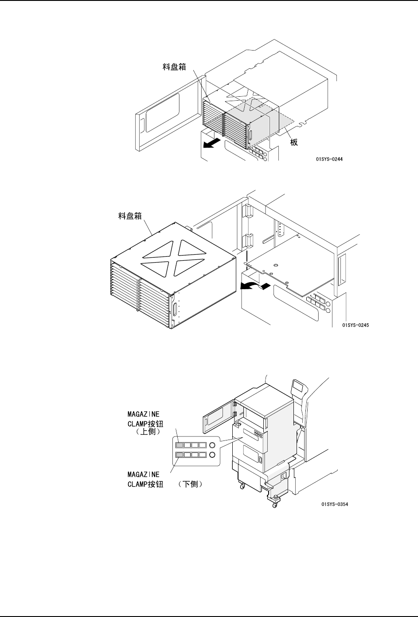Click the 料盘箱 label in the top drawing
pyautogui.click(x=173, y=67)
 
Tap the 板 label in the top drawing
pyautogui.click(x=293, y=142)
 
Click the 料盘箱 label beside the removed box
pyautogui.click(x=131, y=217)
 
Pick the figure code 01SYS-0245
pyautogui.click(x=355, y=325)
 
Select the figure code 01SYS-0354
pyautogui.click(x=335, y=504)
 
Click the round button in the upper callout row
pyautogui.click(x=213, y=444)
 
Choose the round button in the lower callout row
pyautogui.click(x=213, y=455)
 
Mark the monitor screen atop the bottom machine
pyautogui.click(x=298, y=387)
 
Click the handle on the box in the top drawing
pyautogui.click(x=251, y=136)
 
